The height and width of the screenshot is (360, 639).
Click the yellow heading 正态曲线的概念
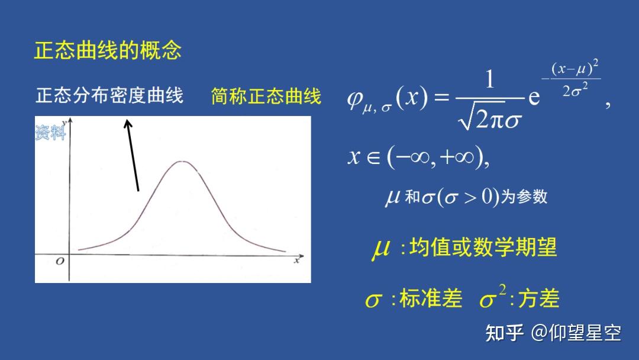[x=107, y=50]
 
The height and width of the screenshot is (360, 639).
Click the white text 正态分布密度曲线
[x=109, y=95]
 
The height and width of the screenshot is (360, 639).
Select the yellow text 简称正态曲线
[x=266, y=96]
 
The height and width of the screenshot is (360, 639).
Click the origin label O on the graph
[x=59, y=261]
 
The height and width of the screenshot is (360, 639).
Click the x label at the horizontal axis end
[x=296, y=259]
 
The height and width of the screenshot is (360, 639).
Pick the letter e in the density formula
[x=534, y=98]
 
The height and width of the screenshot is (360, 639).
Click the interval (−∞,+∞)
[x=438, y=157]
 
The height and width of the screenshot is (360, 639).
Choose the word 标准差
[x=431, y=299]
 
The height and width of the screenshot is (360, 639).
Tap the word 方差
[x=538, y=299]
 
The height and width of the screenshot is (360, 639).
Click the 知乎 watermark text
[x=504, y=333]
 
